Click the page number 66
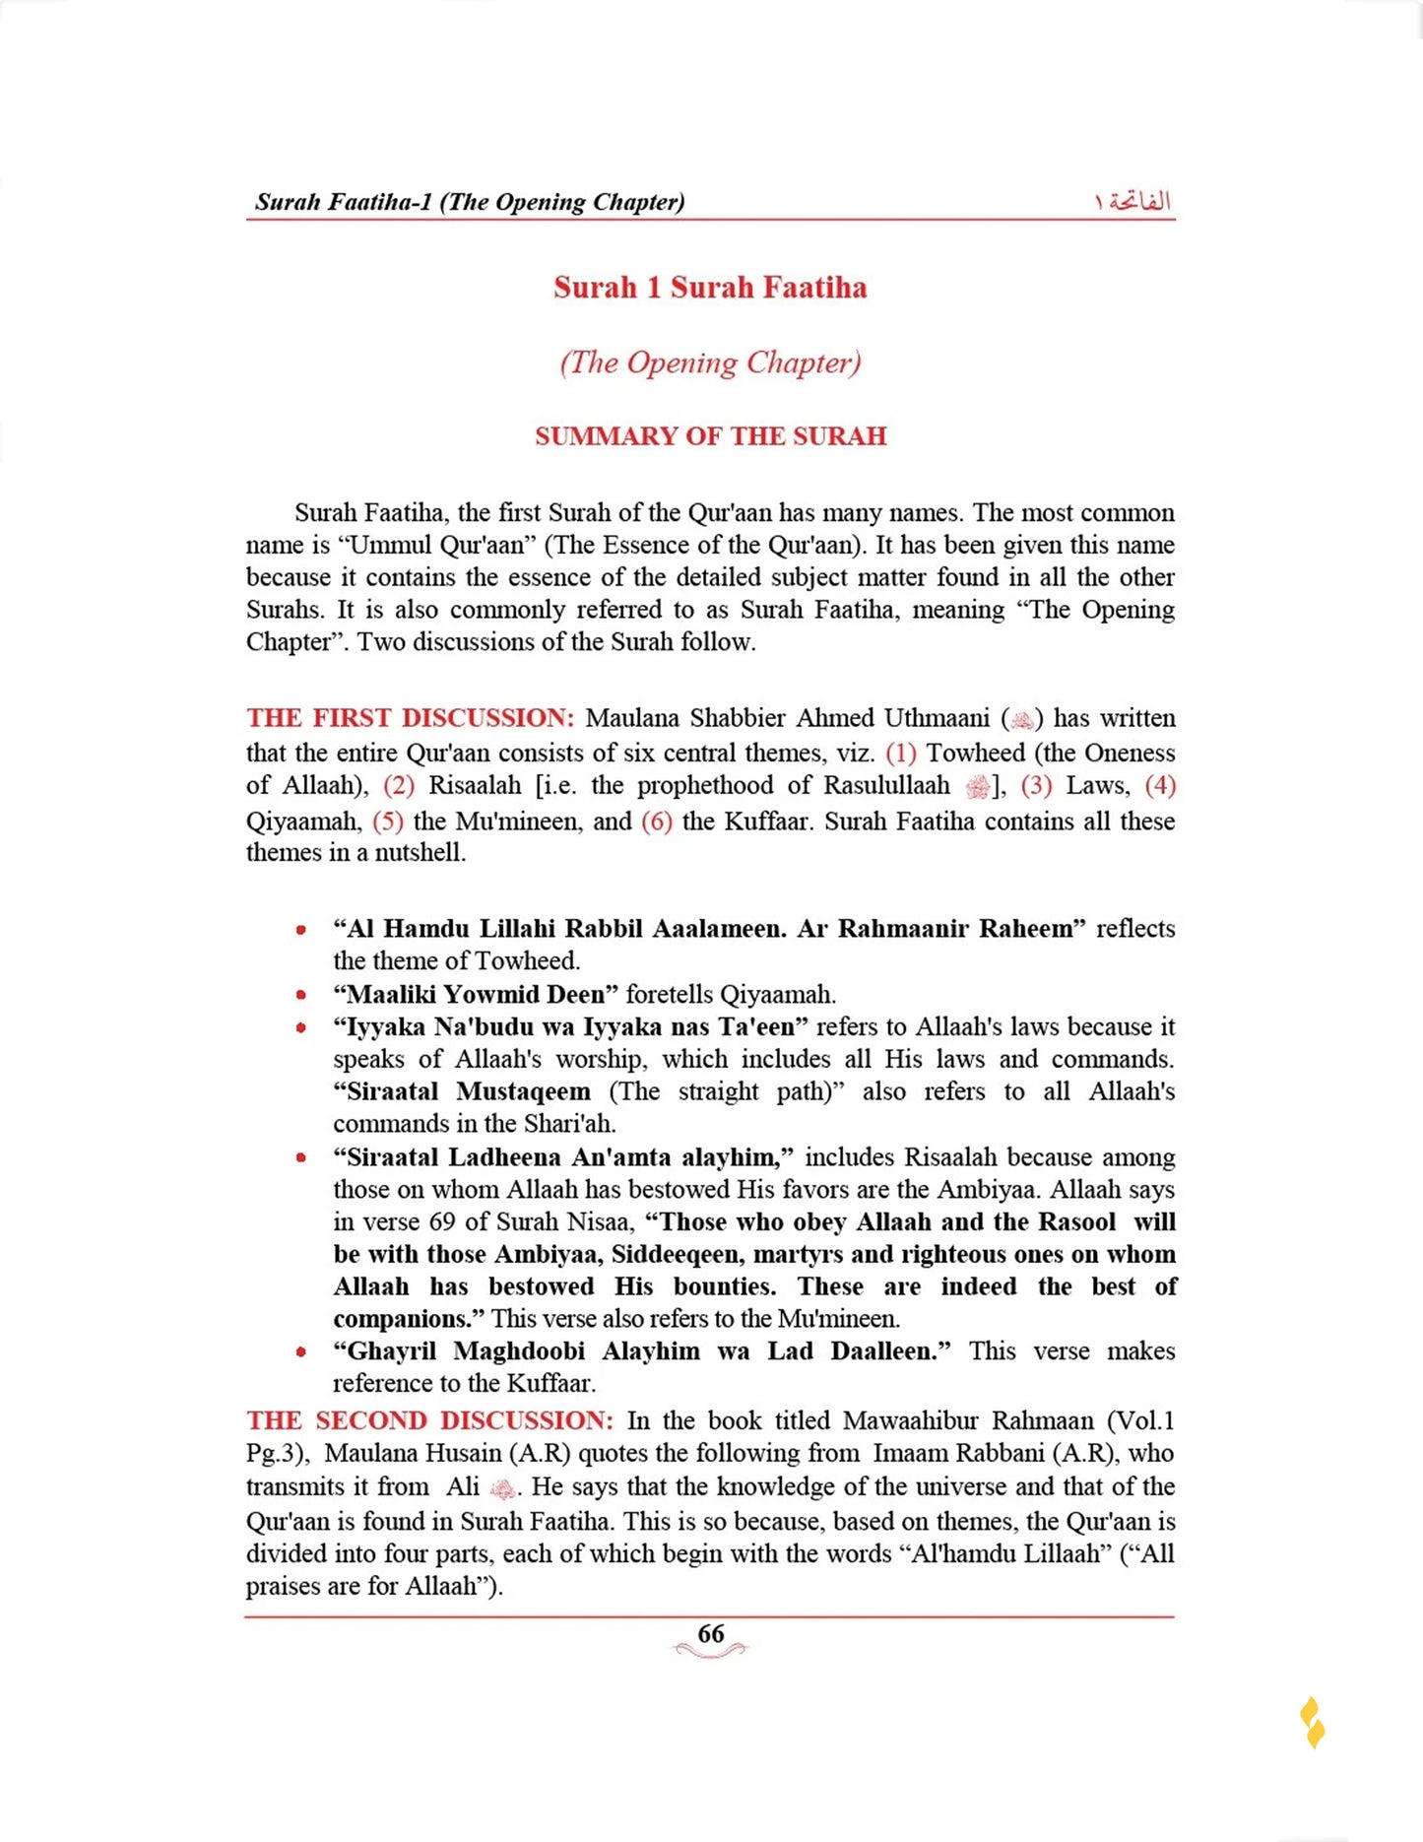710,1634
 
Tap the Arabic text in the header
1132,201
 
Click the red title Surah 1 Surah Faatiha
710,288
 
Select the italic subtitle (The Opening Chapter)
710,362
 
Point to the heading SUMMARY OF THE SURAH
710,436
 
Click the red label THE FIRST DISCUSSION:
410,718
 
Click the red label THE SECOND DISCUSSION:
429,1420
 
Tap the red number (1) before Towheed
901,754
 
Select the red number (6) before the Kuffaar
657,822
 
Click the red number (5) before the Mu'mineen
388,822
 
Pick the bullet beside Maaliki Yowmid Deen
301,995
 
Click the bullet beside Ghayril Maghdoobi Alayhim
301,1351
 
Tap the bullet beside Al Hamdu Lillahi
301,929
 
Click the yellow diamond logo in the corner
1312,1723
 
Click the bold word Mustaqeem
523,1091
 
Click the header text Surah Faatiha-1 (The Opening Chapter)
470,202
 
